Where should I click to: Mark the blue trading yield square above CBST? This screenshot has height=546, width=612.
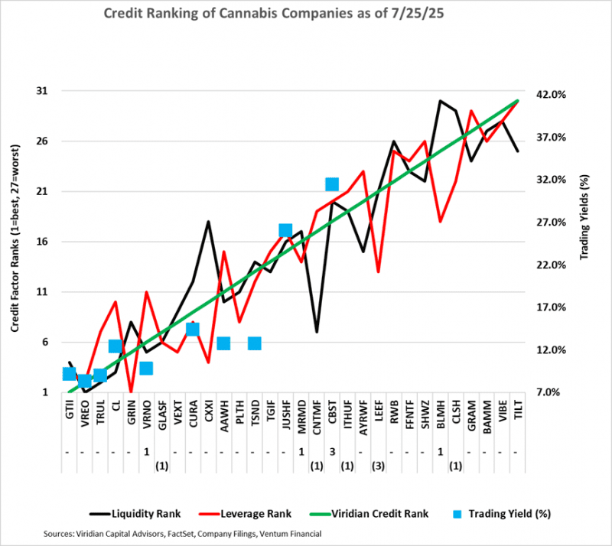pos(332,184)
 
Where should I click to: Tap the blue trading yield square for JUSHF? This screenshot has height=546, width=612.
pos(285,231)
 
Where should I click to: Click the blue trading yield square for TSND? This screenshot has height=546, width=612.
pos(255,343)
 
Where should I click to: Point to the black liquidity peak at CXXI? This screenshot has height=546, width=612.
pos(208,222)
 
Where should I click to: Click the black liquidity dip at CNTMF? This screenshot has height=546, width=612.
pos(317,332)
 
